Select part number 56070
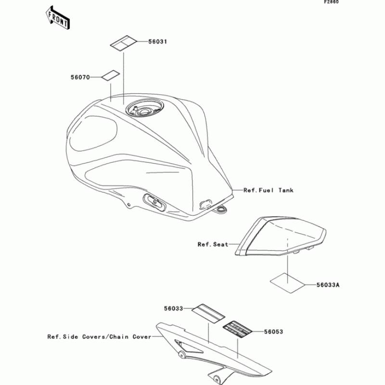[80, 77]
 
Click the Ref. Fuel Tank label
[268, 190]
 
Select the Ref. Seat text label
[213, 244]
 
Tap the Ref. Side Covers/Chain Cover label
[99, 337]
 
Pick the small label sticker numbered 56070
[110, 75]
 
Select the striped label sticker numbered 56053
[238, 328]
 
